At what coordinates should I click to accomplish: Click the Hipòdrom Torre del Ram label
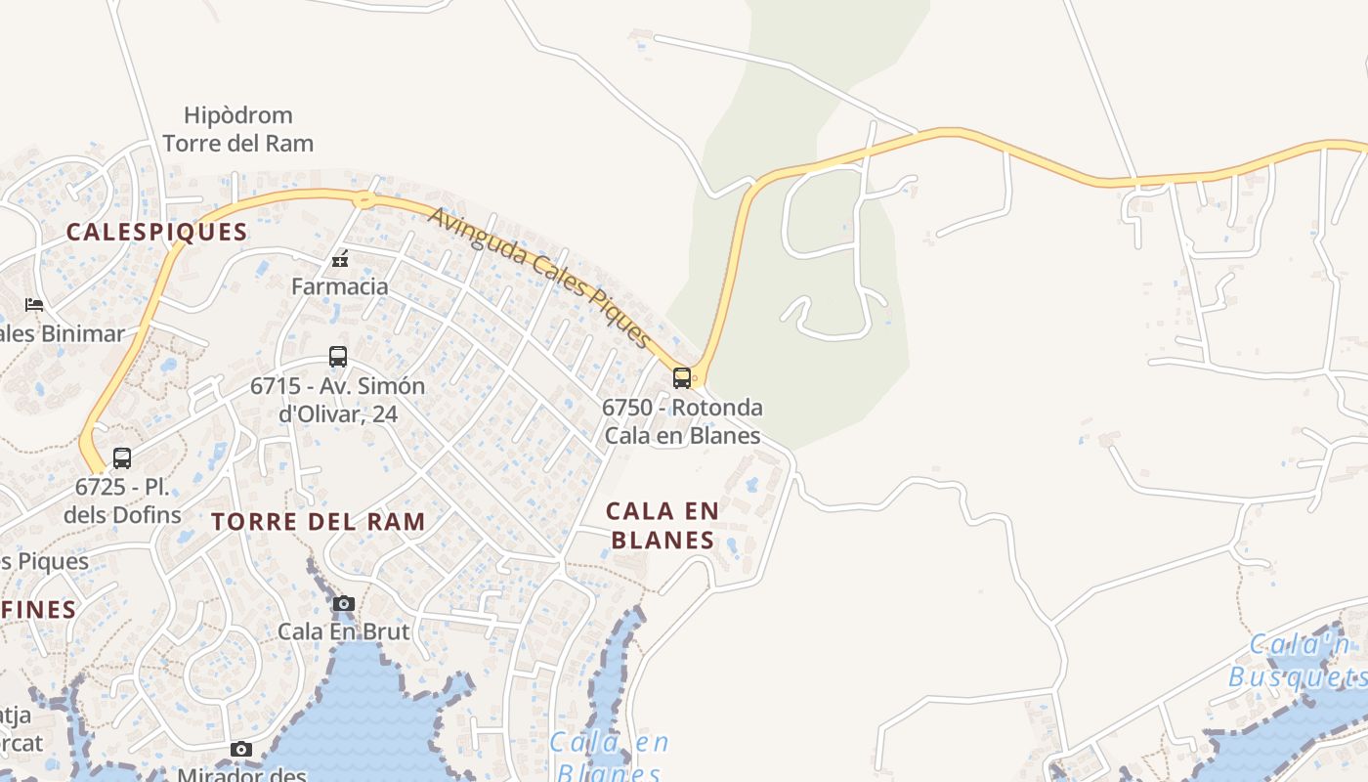(x=238, y=130)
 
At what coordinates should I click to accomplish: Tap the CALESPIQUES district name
(x=156, y=232)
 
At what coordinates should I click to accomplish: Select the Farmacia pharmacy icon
(x=340, y=260)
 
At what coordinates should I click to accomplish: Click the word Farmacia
(x=340, y=286)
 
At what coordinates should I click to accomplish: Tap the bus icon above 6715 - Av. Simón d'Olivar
(x=338, y=357)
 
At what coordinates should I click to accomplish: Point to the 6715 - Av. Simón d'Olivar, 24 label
(x=338, y=400)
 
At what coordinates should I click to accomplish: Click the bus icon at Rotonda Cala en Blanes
(x=682, y=377)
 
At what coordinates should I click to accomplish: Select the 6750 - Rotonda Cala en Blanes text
(x=682, y=421)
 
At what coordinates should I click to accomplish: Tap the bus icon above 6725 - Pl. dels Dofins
(x=122, y=457)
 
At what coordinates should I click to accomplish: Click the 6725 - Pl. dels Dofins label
(x=123, y=500)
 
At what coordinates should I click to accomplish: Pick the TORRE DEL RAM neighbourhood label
(x=319, y=521)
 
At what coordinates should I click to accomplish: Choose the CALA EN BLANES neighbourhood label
(x=663, y=525)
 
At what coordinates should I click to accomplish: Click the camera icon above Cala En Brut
(x=343, y=603)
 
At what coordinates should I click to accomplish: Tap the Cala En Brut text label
(x=344, y=631)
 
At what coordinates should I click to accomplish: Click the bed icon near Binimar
(x=34, y=305)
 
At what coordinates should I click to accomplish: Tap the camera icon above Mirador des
(x=241, y=750)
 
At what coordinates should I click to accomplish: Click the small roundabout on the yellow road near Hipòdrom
(x=364, y=199)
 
